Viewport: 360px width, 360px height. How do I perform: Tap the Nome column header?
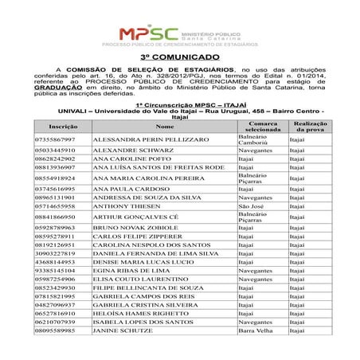click(164, 127)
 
